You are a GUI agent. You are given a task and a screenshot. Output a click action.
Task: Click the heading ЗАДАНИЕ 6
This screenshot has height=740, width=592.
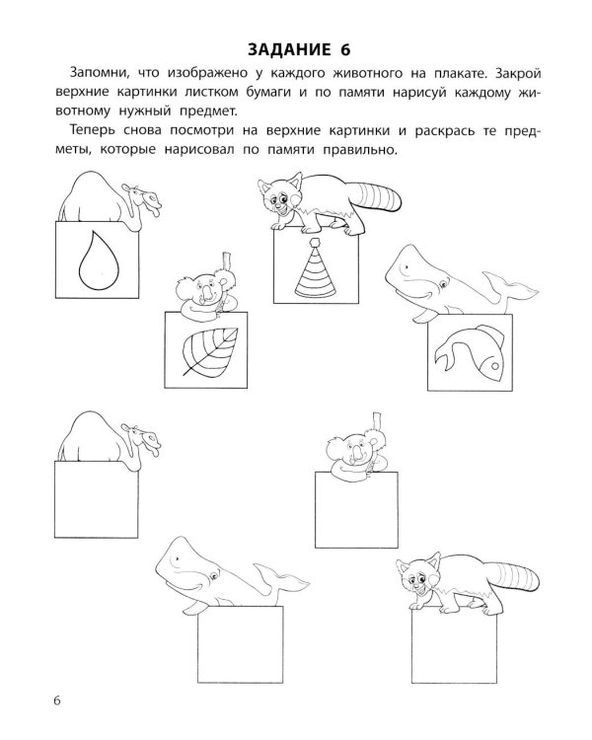pyautogui.click(x=299, y=50)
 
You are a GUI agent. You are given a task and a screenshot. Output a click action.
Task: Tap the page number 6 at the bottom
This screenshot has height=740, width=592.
pyautogui.click(x=57, y=700)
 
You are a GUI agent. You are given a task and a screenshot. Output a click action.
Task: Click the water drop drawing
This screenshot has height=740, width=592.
pyautogui.click(x=99, y=259)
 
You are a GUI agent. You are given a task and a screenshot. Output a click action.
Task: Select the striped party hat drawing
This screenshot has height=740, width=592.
pyautogui.click(x=316, y=267)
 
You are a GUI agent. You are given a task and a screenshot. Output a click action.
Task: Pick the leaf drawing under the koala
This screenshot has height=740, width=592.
pyautogui.click(x=210, y=351)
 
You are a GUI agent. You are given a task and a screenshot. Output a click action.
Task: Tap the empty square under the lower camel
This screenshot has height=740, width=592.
pyautogui.click(x=97, y=500)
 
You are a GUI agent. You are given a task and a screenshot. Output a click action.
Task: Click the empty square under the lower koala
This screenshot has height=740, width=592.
pyautogui.click(x=356, y=510)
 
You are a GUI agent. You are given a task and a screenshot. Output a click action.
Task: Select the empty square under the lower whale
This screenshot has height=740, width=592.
pyautogui.click(x=241, y=644)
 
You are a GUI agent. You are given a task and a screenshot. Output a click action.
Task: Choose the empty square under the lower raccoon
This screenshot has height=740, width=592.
pyautogui.click(x=454, y=645)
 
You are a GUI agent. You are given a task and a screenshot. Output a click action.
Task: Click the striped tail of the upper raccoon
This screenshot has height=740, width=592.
pyautogui.click(x=379, y=197)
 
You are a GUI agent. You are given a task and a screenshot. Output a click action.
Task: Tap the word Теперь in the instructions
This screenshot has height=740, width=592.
pyautogui.click(x=93, y=130)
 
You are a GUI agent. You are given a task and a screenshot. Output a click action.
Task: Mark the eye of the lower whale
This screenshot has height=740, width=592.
pyautogui.click(x=215, y=576)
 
